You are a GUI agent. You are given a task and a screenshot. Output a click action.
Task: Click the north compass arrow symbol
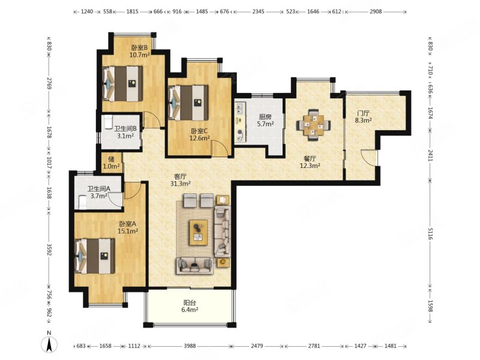[49, 344]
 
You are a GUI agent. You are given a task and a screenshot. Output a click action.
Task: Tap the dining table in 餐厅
[313, 125]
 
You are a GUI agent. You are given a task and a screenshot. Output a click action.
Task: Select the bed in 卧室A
[95, 256]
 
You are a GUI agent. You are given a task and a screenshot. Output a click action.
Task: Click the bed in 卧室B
[122, 83]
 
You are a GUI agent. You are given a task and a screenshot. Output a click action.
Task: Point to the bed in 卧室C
[188, 103]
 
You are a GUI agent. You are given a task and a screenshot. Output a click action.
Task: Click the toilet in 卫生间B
[108, 122]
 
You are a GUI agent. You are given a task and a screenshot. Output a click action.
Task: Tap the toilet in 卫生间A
[83, 202]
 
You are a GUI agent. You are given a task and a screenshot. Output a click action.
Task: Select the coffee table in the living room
[199, 232]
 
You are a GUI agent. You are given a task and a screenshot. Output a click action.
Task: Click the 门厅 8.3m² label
[363, 116]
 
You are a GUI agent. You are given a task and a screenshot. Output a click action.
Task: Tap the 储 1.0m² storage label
[111, 163]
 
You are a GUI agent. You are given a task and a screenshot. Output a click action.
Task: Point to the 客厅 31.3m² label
[181, 179]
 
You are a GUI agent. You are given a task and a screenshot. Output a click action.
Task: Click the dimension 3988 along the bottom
[190, 346]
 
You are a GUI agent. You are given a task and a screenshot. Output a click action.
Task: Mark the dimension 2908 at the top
[376, 11]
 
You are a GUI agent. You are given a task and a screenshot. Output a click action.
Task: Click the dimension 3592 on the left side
[49, 248]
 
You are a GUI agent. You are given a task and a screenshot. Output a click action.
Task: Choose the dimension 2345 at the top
[259, 11]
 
